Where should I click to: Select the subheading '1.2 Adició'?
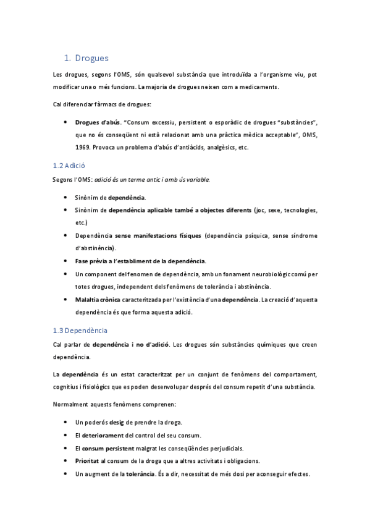click(x=69, y=166)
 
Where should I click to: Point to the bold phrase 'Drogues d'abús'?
click(x=97, y=122)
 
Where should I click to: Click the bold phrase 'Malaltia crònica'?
click(x=98, y=299)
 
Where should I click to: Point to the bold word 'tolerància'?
click(x=140, y=473)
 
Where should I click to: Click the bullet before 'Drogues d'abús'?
click(x=65, y=122)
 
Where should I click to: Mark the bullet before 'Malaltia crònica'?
click(x=65, y=299)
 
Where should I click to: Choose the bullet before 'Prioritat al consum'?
click(x=65, y=460)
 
